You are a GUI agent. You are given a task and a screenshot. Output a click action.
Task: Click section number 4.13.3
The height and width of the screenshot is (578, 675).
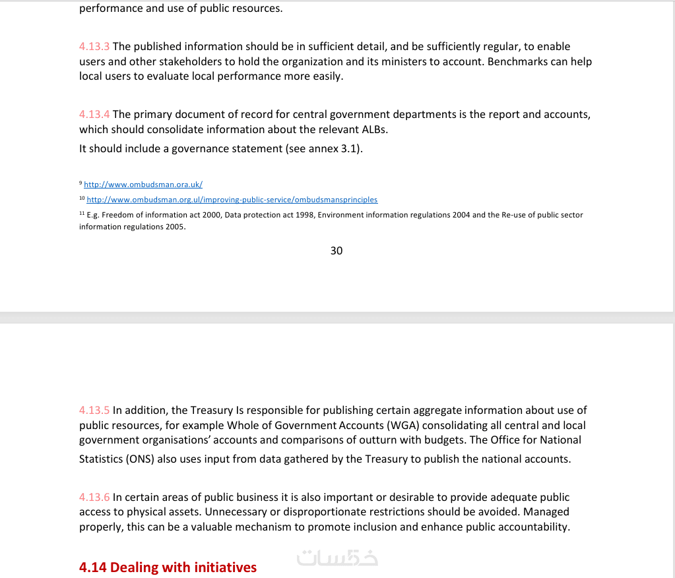[94, 47]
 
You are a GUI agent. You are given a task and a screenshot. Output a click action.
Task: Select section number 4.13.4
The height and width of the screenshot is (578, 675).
[94, 115]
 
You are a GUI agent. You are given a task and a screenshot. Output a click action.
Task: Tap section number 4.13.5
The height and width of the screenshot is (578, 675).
[94, 411]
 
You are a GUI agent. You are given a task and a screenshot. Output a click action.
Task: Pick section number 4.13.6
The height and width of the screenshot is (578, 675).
[94, 498]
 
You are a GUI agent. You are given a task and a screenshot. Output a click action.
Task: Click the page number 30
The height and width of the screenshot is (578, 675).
[337, 251]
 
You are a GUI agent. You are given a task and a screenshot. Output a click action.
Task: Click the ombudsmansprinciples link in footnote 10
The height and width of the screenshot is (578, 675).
[232, 200]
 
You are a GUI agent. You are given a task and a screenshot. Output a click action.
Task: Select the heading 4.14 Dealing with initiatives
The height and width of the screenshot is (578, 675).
[168, 567]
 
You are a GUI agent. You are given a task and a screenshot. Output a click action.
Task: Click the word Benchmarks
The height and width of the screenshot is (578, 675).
[518, 62]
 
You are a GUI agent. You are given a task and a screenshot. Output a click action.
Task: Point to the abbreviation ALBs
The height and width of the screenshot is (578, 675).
[373, 130]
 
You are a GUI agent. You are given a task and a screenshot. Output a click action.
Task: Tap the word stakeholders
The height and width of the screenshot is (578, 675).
[192, 62]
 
